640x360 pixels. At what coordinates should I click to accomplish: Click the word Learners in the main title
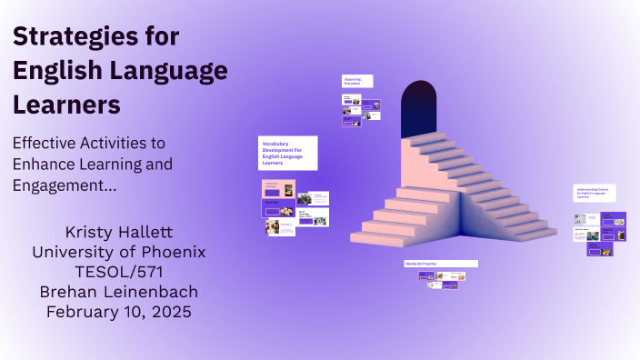(66, 105)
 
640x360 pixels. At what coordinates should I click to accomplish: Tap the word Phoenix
(172, 251)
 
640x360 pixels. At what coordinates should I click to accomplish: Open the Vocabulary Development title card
(287, 153)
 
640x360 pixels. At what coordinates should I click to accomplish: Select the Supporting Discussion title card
(357, 81)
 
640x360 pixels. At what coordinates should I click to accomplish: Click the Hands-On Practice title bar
(441, 264)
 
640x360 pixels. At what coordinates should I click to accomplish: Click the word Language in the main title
(168, 71)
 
